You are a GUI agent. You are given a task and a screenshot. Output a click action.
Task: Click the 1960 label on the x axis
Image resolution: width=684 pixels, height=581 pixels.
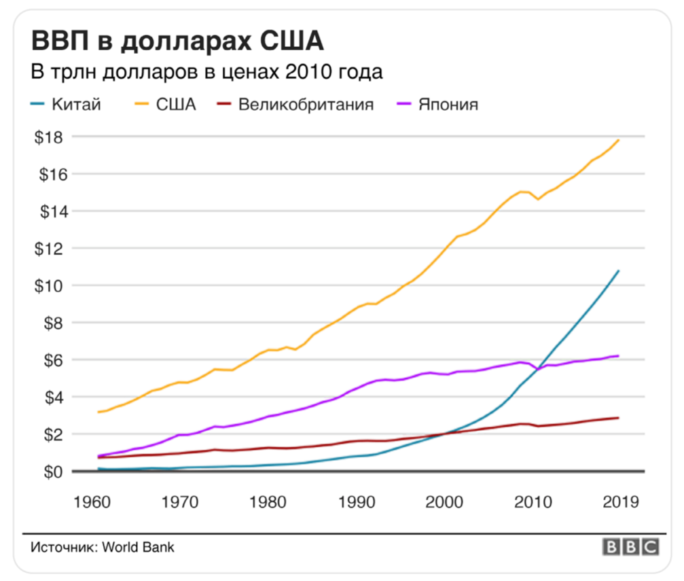point(92,503)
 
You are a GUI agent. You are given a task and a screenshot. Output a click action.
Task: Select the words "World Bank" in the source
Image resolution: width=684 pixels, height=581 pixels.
point(138,547)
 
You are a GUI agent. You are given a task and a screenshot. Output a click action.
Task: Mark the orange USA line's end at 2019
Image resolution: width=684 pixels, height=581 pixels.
point(618,140)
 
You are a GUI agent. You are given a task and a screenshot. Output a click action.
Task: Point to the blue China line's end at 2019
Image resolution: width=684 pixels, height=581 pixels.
point(618,271)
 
